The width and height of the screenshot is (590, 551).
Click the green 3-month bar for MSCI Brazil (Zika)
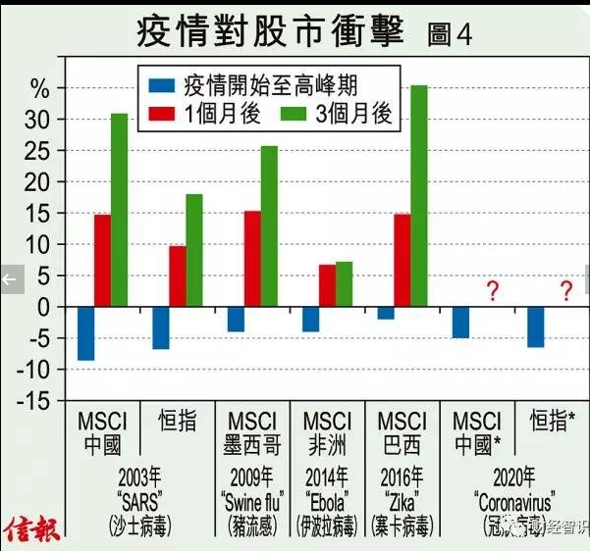point(419,196)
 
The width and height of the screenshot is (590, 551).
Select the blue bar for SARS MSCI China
point(85,333)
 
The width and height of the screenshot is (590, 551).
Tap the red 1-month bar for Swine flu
point(252,259)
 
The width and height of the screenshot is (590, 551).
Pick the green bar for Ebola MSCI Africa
point(344,284)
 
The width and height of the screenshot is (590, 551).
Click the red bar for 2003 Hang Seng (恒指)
point(177,276)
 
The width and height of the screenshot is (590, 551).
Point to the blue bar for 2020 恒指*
point(535,326)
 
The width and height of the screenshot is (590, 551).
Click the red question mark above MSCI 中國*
point(493,291)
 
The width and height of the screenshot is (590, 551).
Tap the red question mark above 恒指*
point(566,291)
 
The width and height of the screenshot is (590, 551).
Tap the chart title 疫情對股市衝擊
point(269,31)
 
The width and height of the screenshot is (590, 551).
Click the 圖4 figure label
point(451,34)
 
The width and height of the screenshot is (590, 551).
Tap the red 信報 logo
point(31,530)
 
